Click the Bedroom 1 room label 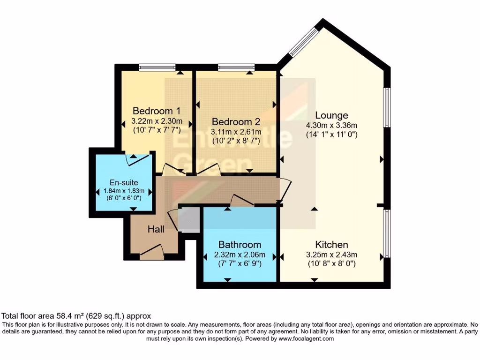pyautogui.click(x=157, y=111)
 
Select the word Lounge pyautogui.click(x=331, y=115)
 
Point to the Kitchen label pyautogui.click(x=331, y=245)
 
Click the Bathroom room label pyautogui.click(x=240, y=245)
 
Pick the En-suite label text pyautogui.click(x=124, y=182)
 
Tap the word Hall pyautogui.click(x=156, y=229)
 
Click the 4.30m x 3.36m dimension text pyautogui.click(x=331, y=125)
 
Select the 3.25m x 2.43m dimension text pyautogui.click(x=331, y=255)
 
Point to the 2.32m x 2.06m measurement pyautogui.click(x=240, y=255)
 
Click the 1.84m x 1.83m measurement pyautogui.click(x=124, y=191)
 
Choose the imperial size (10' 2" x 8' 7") pyautogui.click(x=235, y=140)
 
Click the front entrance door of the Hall pyautogui.click(x=152, y=254)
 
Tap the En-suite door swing pyautogui.click(x=139, y=158)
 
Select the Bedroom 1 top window pyautogui.click(x=157, y=67)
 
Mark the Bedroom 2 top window pyautogui.click(x=236, y=67)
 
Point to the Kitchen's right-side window pyautogui.click(x=387, y=234)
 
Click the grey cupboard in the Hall pyautogui.click(x=189, y=220)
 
